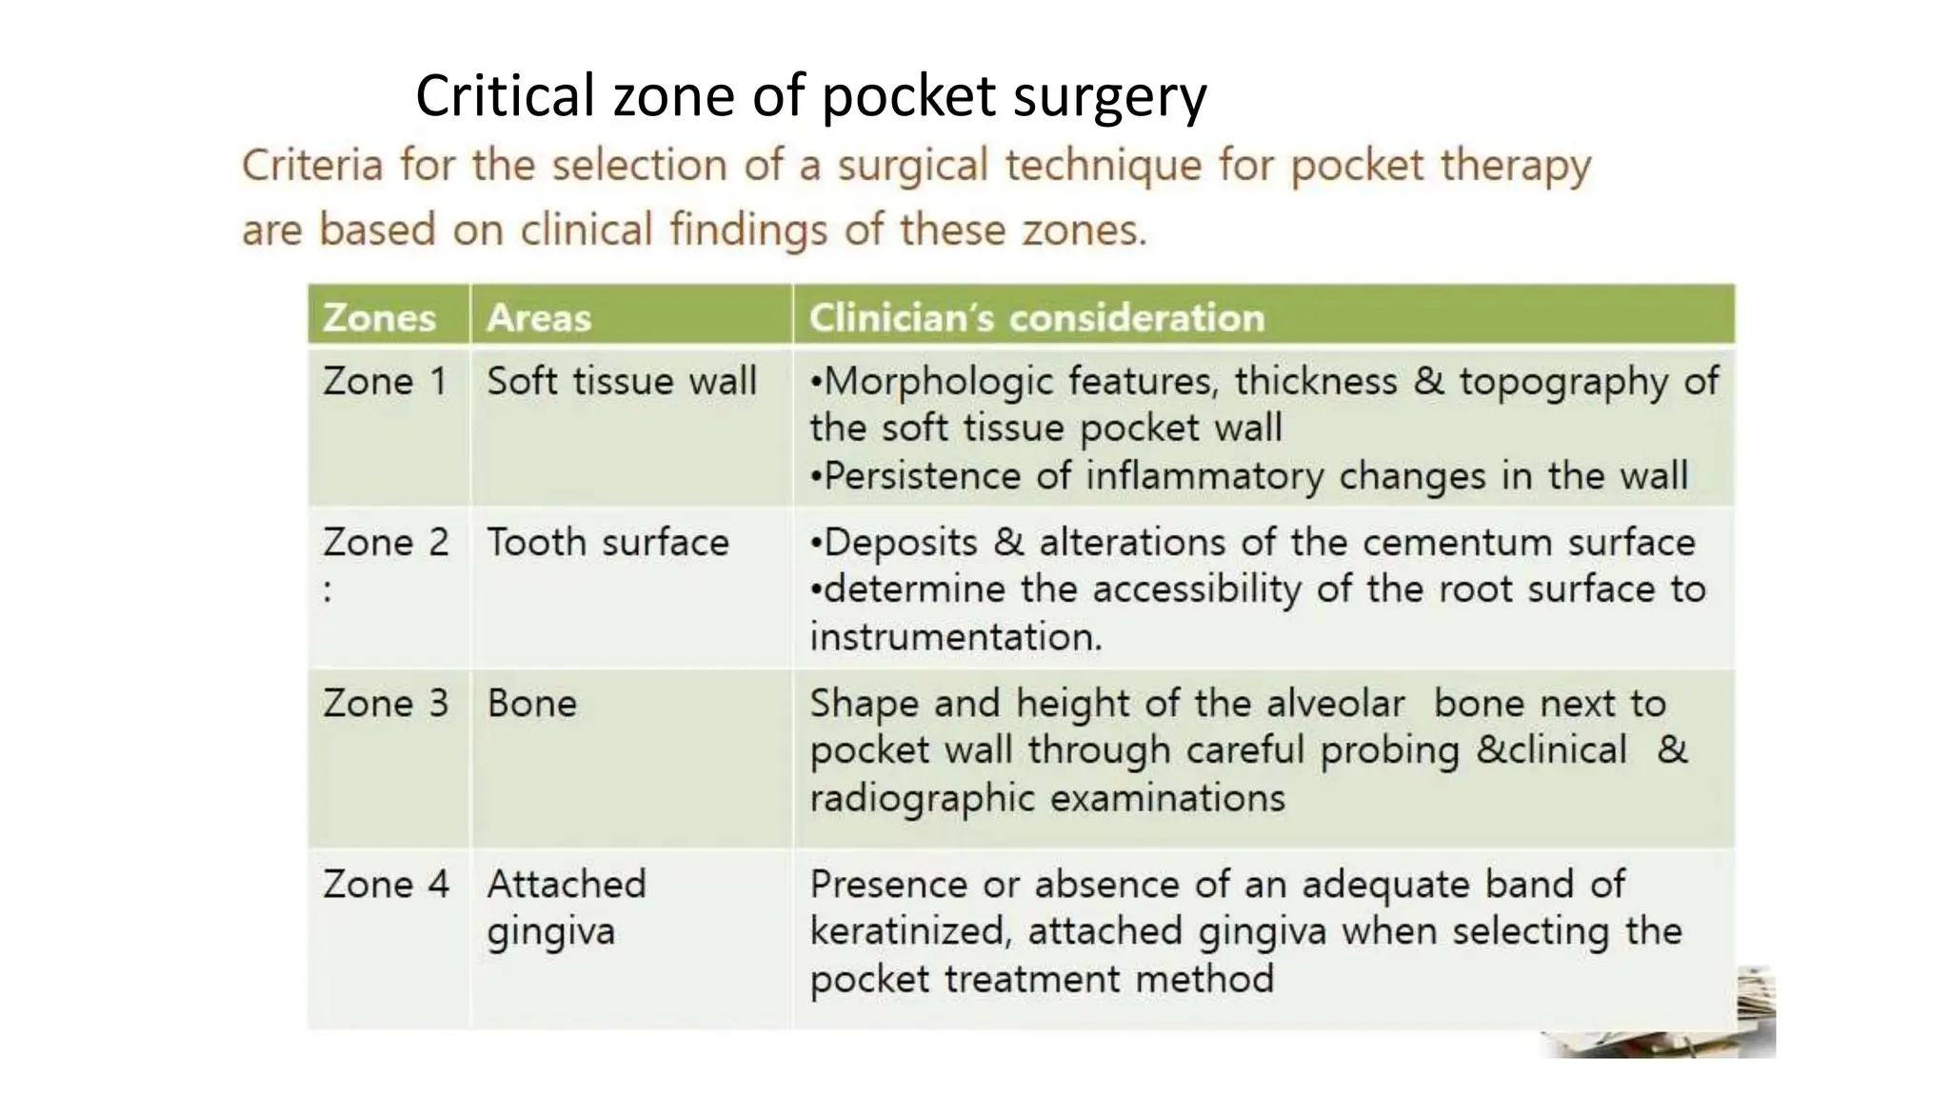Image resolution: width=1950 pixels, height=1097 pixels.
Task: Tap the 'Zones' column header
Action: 379,318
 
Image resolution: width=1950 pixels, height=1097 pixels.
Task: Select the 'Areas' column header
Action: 539,318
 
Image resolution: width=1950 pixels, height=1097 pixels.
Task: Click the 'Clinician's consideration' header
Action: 1037,318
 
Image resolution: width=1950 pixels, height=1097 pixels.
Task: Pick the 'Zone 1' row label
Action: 385,382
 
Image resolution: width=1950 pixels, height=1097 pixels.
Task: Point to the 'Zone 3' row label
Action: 385,704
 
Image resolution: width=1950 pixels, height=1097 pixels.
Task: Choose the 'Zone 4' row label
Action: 385,885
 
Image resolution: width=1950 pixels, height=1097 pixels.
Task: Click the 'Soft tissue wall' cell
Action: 622,382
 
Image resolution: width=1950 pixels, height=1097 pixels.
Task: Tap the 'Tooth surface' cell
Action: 607,543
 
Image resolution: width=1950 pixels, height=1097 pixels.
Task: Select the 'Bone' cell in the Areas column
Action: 531,704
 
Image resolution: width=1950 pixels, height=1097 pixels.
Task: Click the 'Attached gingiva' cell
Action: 566,908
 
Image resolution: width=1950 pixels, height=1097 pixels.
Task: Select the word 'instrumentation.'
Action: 956,637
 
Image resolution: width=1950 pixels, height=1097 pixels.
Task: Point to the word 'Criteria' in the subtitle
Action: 311,166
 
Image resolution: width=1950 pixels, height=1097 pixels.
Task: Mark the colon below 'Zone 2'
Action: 328,591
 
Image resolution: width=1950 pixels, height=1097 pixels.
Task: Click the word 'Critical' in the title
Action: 505,97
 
